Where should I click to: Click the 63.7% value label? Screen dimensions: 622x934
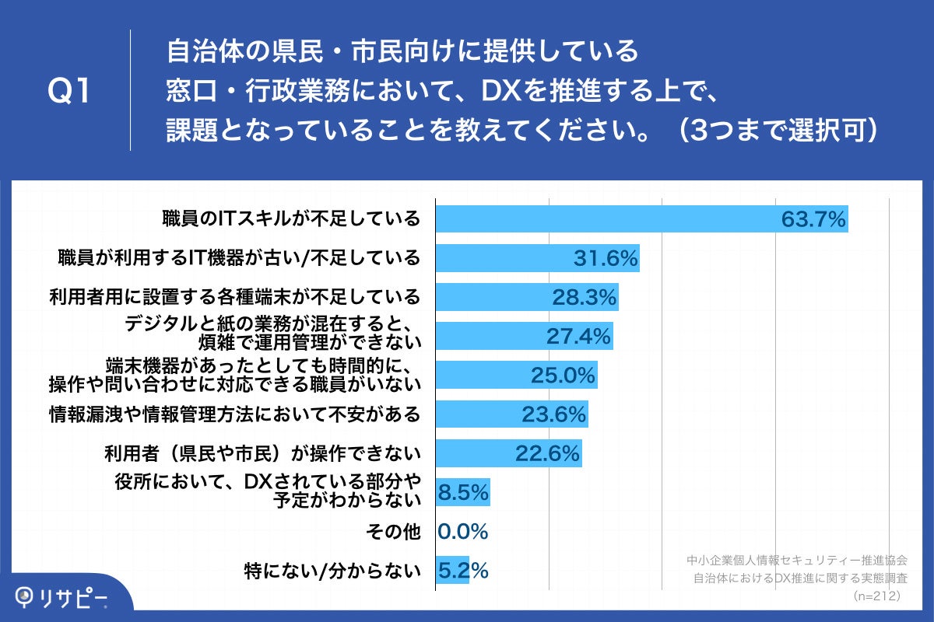[813, 219]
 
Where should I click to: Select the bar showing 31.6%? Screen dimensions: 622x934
[537, 258]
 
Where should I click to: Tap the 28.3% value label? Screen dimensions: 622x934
[585, 297]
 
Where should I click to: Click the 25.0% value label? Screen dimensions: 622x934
[563, 376]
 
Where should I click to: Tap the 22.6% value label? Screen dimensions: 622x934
[547, 453]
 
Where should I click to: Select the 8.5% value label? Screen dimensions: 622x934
[464, 492]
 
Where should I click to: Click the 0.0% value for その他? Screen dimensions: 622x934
[463, 532]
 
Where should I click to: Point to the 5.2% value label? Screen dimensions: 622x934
[464, 571]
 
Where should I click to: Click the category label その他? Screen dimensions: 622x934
[392, 532]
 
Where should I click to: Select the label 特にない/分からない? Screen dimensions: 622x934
[332, 571]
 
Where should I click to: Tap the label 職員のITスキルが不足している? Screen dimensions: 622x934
[291, 218]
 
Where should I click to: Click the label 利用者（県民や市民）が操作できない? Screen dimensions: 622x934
[262, 453]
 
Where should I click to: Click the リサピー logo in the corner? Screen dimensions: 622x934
[62, 597]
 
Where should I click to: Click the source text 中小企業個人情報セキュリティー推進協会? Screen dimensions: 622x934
[797, 559]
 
